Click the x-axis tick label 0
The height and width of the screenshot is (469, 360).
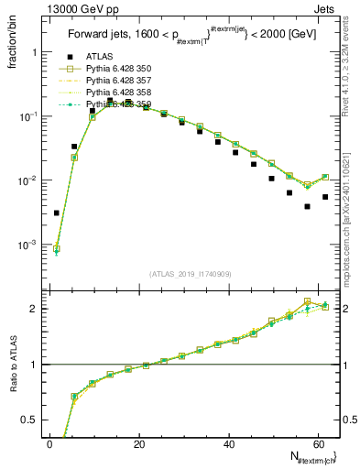(50, 444)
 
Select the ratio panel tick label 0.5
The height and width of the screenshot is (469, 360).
(28, 420)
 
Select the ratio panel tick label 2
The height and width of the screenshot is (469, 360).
(33, 309)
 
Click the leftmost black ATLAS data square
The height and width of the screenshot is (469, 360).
(57, 213)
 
